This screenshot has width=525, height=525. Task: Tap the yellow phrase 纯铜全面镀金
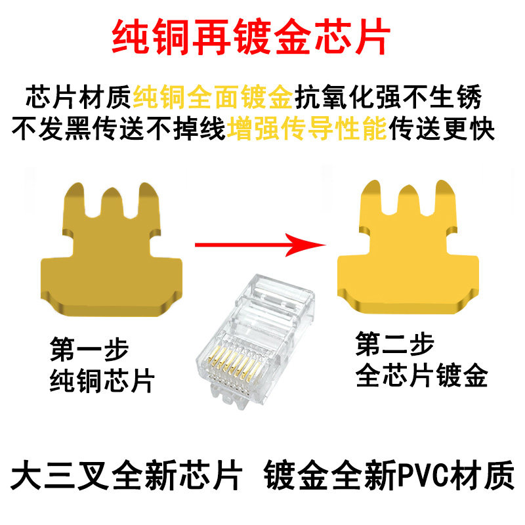(213, 98)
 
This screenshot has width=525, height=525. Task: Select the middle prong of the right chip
(408, 203)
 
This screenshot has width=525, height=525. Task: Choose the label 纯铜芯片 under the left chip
(102, 380)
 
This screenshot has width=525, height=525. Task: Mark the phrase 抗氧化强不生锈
(388, 98)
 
